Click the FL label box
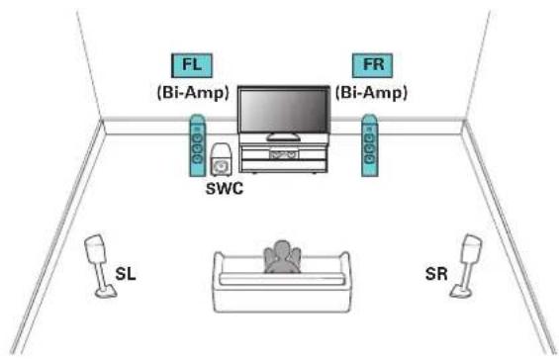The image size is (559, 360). click(192, 65)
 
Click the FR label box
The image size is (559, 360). click(373, 65)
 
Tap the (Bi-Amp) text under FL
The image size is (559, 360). click(193, 93)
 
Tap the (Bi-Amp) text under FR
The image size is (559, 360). click(371, 93)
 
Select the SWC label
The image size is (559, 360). click(225, 188)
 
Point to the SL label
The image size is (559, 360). click(126, 274)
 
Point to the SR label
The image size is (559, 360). click(436, 274)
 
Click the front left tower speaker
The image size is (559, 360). click(197, 145)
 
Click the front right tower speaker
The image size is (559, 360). click(370, 145)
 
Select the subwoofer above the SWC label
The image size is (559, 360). click(221, 160)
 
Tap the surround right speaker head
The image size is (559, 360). click(471, 248)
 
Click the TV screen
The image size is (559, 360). click(284, 110)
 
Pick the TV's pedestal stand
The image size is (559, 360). click(284, 136)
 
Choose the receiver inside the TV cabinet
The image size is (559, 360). click(284, 154)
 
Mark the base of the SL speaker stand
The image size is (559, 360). click(106, 293)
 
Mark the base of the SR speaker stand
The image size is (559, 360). click(461, 292)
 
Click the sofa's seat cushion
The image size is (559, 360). click(282, 279)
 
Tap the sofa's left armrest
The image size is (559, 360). click(219, 271)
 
